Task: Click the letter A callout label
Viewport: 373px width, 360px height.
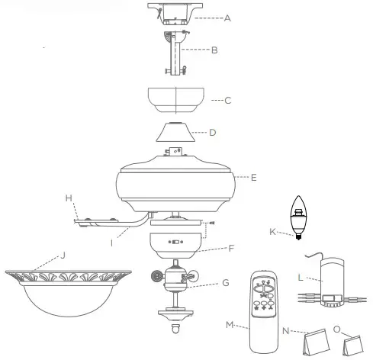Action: [227, 18]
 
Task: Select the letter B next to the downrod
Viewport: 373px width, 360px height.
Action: [215, 51]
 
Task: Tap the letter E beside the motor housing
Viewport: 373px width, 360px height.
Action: [254, 177]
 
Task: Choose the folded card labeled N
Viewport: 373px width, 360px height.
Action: [315, 346]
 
